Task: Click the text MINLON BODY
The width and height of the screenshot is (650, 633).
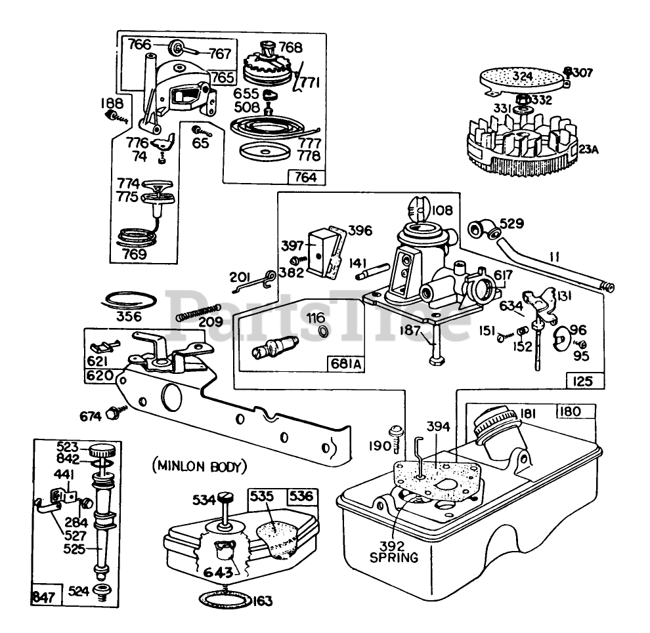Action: pos(200,467)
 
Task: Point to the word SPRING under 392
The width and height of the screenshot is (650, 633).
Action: pos(394,558)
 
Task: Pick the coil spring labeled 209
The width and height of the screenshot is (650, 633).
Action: pos(196,312)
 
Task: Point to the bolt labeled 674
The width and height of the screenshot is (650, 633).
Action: pos(116,413)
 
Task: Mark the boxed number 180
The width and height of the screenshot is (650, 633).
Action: pos(575,412)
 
